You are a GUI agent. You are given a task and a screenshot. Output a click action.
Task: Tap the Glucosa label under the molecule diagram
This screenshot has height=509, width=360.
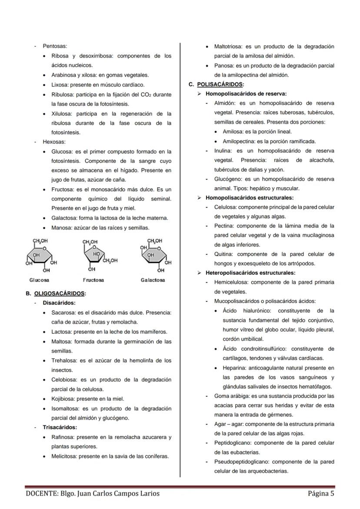coord(39,280)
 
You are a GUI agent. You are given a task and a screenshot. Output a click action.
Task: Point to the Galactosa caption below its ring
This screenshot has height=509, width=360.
coord(153,280)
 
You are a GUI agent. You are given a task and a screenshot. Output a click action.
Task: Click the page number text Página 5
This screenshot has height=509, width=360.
coord(321,493)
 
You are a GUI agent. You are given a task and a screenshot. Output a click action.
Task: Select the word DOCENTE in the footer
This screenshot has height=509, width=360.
coord(43,493)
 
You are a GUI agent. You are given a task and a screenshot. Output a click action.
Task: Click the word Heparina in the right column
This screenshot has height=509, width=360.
coord(234,368)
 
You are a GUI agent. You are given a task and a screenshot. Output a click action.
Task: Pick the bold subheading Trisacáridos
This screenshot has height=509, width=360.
coord(60,427)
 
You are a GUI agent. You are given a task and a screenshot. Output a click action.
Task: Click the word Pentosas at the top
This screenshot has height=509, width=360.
coord(54,46)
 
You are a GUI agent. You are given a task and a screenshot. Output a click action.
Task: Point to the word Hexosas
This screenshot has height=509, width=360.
coord(54,142)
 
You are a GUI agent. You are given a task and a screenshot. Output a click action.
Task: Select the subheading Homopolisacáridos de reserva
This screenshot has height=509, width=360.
coord(246,93)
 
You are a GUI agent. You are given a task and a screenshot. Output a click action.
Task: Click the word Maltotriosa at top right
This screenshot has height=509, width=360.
coord(229,47)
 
